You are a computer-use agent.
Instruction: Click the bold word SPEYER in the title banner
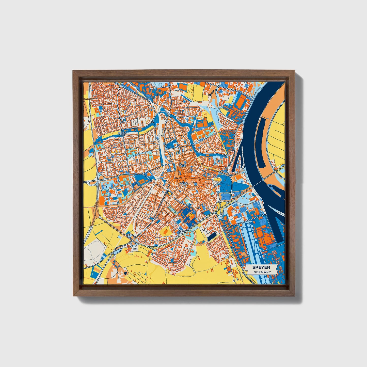(261, 267)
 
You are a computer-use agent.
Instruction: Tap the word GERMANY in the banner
(262, 272)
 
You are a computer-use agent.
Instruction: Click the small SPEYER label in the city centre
(183, 183)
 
